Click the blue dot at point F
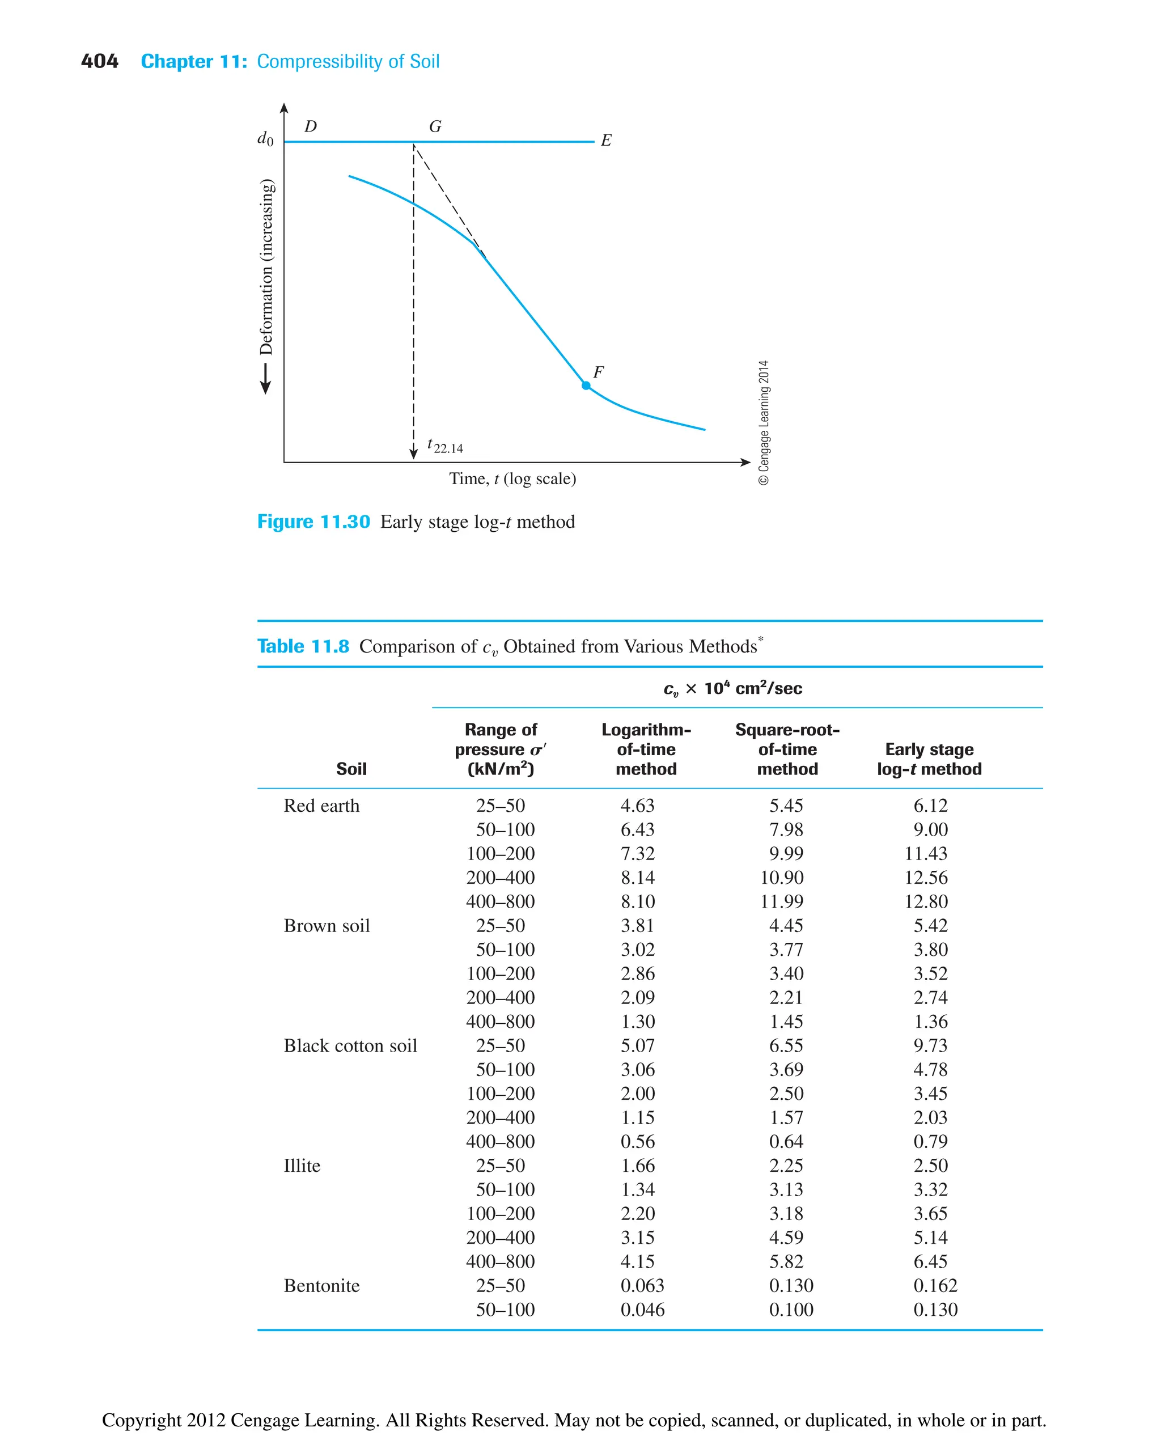586,386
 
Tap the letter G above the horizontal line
435,126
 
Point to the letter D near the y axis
310,126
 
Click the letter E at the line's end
606,141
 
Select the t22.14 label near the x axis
445,446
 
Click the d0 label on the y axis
265,139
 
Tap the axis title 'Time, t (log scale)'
512,479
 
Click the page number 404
100,62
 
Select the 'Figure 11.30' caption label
313,522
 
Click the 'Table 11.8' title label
303,646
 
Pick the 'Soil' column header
351,769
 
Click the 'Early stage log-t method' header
929,759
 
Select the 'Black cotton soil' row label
350,1045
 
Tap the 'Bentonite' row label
321,1286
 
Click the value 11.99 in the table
781,901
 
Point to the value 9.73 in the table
930,1045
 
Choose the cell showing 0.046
642,1310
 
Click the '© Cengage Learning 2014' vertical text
764,423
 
